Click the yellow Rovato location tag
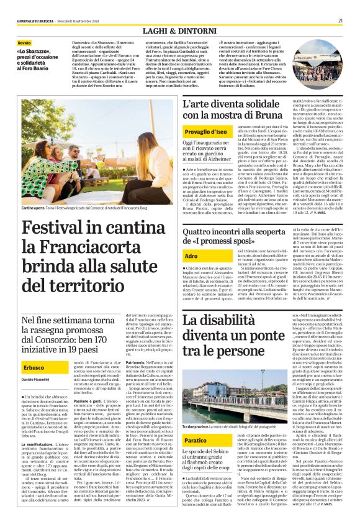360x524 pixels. pos(24,43)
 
